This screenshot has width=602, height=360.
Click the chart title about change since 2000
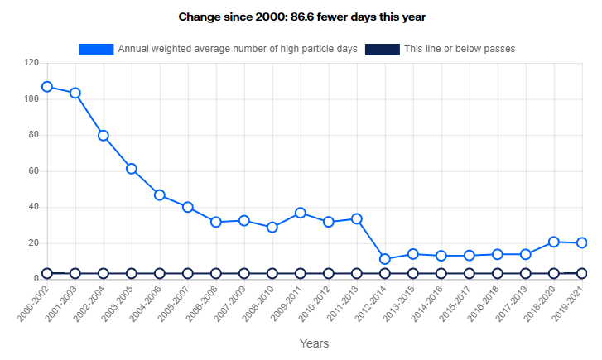click(x=301, y=17)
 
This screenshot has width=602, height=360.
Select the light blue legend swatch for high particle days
click(x=96, y=50)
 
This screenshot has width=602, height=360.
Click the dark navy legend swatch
click(x=382, y=50)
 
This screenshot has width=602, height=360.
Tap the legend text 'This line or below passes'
click(x=460, y=50)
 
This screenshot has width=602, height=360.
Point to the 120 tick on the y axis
click(x=32, y=63)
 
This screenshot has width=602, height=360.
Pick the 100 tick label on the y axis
click(x=32, y=99)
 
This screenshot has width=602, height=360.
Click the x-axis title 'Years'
click(x=314, y=343)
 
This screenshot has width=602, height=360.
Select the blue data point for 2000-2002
click(x=47, y=87)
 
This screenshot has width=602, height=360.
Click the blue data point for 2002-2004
click(x=104, y=136)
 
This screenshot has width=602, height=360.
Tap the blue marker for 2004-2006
click(x=160, y=195)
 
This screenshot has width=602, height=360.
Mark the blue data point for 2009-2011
click(x=301, y=214)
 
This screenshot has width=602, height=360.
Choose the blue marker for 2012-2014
click(x=385, y=259)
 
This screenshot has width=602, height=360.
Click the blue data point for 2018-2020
click(x=554, y=242)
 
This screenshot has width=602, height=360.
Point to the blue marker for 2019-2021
click(x=582, y=243)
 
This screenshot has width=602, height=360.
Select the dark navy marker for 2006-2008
click(x=216, y=273)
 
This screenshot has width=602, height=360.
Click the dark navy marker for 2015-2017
click(x=470, y=273)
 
